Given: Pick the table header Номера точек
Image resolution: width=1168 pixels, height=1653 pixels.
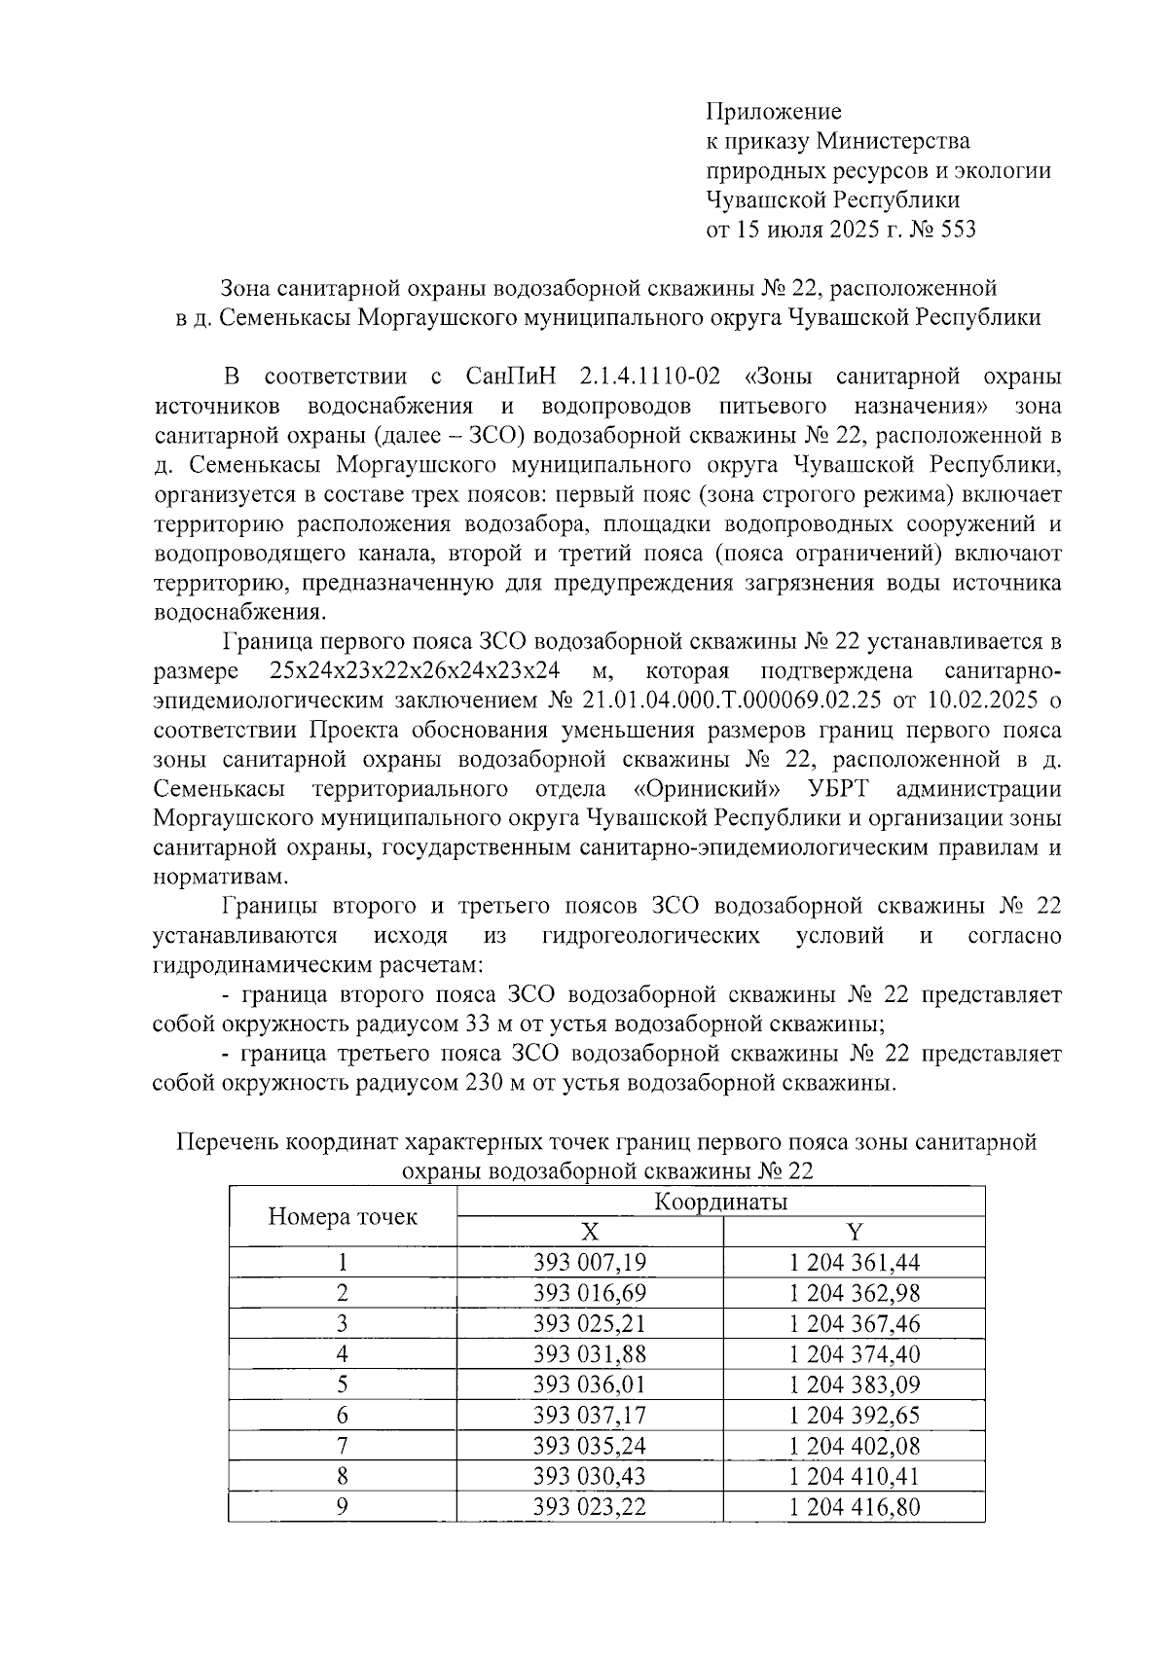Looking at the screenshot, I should [343, 1216].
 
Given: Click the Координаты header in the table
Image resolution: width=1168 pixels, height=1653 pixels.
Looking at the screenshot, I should [720, 1203].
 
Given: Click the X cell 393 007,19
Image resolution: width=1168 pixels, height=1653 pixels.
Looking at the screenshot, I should [590, 1263].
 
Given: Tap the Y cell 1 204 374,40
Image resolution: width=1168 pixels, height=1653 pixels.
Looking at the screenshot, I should [855, 1354].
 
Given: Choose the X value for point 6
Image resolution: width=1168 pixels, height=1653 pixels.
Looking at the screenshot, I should [590, 1415].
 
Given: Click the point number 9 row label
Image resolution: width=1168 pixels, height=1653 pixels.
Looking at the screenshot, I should [343, 1506].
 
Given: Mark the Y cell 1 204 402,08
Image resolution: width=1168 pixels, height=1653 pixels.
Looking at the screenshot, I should [855, 1445].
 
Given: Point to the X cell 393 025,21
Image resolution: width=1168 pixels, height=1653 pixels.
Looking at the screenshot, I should [590, 1323].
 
